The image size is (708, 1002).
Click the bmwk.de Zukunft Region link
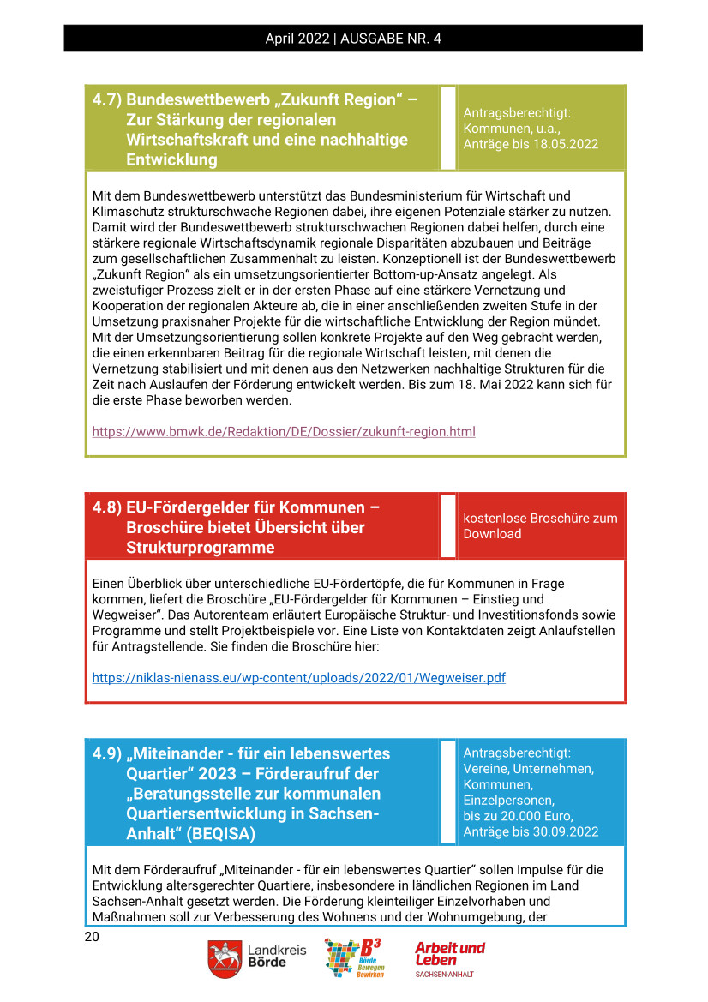coord(283,431)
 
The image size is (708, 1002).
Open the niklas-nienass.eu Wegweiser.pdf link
coord(298,677)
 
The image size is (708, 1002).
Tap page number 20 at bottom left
coord(92,937)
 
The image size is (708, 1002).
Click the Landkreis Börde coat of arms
coord(224,959)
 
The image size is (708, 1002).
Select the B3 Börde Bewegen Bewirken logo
coord(353,958)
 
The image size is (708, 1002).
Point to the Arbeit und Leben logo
coord(449,958)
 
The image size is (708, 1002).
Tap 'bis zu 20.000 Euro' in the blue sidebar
coord(518,815)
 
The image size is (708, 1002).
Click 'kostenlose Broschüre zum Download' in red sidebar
coord(540,525)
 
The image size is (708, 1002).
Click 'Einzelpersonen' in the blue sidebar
coord(508,800)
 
